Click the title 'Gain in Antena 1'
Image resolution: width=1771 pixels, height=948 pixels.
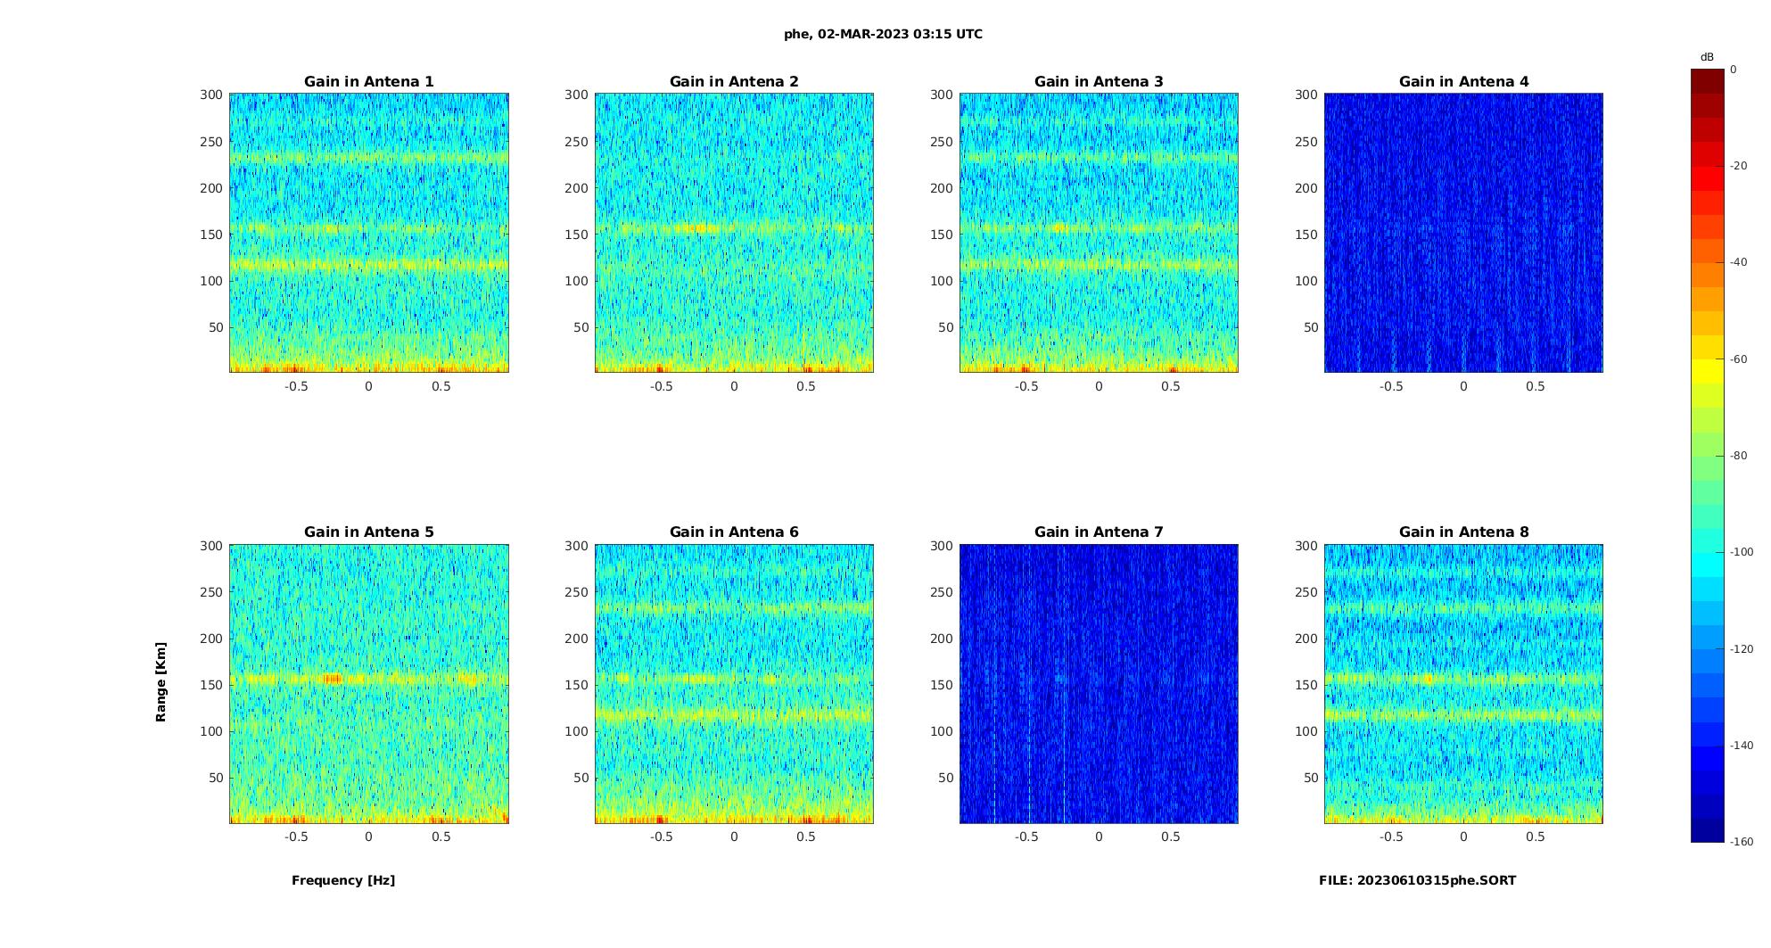coord(368,81)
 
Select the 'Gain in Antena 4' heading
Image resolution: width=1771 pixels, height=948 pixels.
coord(1463,81)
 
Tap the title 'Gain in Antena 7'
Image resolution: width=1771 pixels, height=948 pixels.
coord(1099,532)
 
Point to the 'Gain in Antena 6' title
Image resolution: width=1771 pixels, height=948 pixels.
coord(734,532)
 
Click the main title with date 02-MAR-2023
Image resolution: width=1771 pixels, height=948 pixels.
coord(883,34)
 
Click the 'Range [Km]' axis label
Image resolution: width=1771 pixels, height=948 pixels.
coord(161,682)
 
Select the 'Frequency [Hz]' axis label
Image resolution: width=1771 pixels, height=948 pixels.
coord(343,880)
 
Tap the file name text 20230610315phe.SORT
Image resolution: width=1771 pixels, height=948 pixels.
coord(1417,880)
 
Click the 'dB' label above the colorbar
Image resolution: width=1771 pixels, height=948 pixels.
coord(1707,57)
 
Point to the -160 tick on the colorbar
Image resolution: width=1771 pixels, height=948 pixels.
coord(1742,842)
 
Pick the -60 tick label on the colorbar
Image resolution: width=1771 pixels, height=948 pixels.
coord(1739,359)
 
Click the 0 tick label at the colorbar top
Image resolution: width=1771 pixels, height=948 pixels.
coord(1734,70)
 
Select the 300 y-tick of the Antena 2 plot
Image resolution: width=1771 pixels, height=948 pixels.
coord(576,95)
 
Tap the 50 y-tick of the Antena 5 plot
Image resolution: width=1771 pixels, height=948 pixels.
coord(216,778)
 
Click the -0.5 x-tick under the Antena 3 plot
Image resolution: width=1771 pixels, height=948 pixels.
coord(1026,386)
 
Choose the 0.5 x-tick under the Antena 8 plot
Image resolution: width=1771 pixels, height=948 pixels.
coord(1536,837)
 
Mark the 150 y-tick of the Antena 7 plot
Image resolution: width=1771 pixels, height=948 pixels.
coord(942,685)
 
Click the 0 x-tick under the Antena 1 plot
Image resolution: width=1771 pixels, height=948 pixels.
coord(368,386)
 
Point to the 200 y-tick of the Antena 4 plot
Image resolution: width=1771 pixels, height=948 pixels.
coord(1306,187)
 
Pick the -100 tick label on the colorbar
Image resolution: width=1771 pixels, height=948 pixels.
coord(1742,552)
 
